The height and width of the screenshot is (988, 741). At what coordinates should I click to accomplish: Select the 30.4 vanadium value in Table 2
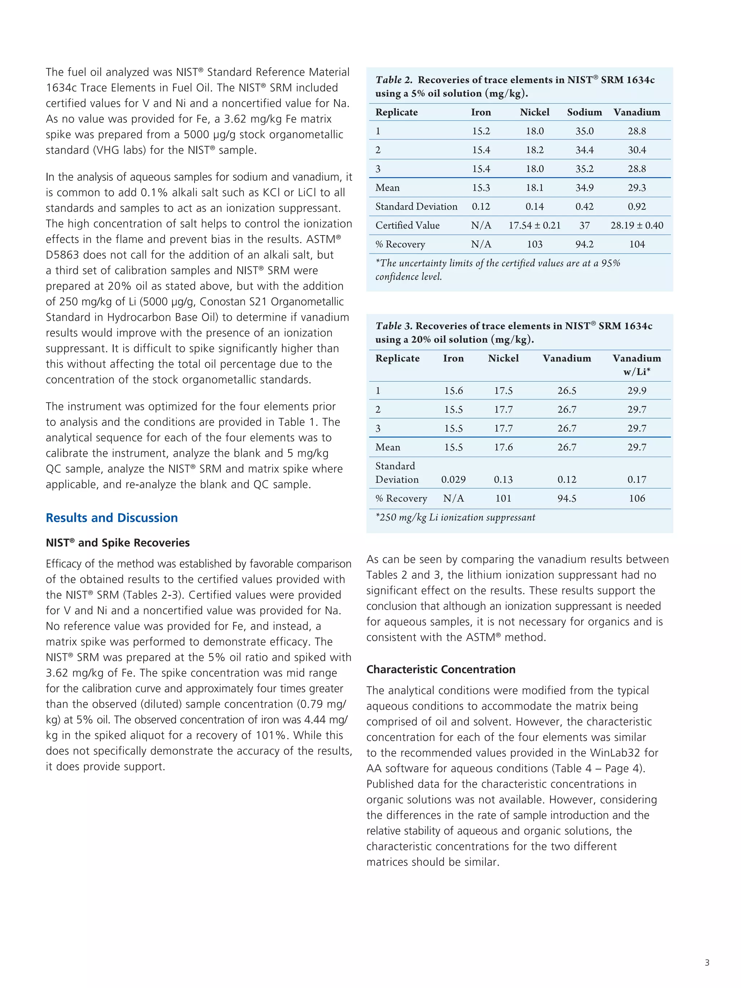click(x=636, y=150)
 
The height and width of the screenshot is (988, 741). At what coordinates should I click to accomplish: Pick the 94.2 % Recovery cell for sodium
click(x=584, y=244)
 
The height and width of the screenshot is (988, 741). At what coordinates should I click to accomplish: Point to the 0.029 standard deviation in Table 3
click(x=453, y=480)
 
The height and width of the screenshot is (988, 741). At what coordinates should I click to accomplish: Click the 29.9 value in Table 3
click(x=636, y=391)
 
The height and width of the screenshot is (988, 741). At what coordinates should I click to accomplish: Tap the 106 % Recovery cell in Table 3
click(x=636, y=499)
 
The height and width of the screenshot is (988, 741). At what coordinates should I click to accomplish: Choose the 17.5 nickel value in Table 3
click(x=503, y=391)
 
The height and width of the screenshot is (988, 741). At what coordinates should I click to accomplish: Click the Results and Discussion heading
click(x=112, y=518)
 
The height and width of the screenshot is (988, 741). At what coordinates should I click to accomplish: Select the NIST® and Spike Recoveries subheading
click(x=118, y=543)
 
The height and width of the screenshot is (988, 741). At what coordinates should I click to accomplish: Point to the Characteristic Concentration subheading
click(x=440, y=669)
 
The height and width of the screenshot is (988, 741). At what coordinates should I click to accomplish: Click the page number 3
click(x=707, y=963)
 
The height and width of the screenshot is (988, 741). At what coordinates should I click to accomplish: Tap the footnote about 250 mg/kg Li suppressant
click(x=455, y=518)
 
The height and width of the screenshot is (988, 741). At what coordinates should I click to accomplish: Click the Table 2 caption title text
click(x=515, y=86)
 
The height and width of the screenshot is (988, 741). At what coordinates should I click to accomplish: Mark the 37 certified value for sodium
click(x=584, y=225)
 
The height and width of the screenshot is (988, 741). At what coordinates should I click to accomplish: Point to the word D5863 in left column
click(x=62, y=255)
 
